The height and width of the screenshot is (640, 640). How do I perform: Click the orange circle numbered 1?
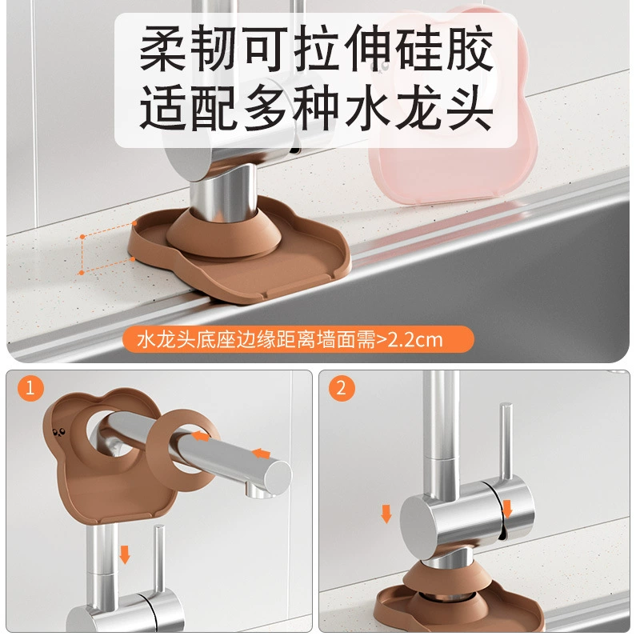(x=30, y=388)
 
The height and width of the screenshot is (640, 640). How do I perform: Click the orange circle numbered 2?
(x=342, y=388)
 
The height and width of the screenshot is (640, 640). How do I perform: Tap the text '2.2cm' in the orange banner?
(x=414, y=340)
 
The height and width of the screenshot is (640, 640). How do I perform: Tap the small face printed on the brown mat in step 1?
(x=59, y=432)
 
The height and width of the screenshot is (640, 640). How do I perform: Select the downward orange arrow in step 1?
(x=125, y=554)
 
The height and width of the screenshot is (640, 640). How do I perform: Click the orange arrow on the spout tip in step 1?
(x=262, y=453)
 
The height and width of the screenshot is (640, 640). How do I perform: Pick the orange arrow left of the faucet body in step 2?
(x=386, y=514)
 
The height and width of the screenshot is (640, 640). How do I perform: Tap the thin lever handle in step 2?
(x=506, y=441)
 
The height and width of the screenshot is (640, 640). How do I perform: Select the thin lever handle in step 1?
(x=159, y=558)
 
